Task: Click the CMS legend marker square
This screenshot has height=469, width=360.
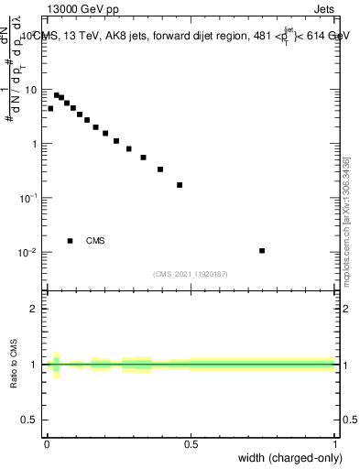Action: [70, 241]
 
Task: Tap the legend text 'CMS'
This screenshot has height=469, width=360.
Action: [95, 241]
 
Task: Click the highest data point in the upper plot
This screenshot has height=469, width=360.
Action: [56, 94]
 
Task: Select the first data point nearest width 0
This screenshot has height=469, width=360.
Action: [50, 108]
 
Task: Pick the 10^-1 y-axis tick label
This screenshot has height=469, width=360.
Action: [30, 198]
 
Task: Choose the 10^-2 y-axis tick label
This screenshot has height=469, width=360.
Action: [30, 252]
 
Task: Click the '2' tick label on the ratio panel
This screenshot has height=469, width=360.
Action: [36, 309]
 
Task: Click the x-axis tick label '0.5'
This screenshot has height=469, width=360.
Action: [191, 444]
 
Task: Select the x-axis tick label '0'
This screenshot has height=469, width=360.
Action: [47, 444]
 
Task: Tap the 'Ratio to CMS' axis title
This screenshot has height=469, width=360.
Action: [15, 365]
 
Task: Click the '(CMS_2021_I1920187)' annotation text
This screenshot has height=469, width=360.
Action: [191, 273]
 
